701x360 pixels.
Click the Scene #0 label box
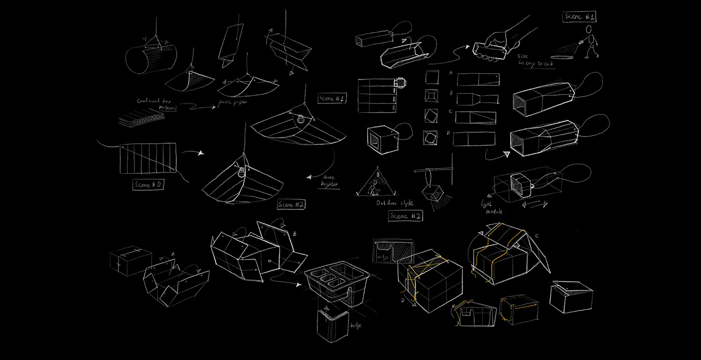(x=149, y=185)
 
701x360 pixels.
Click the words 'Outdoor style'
(x=395, y=204)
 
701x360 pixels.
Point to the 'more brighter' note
(x=329, y=180)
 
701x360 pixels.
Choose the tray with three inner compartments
(x=336, y=284)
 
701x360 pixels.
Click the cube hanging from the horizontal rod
(x=432, y=193)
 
